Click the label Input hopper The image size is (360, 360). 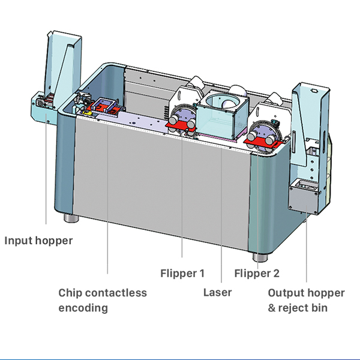[38, 241]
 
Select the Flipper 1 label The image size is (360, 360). [182, 274]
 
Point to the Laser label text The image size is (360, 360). [217, 293]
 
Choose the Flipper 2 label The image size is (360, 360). [257, 274]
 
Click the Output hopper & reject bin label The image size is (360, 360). [306, 300]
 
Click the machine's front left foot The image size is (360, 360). [70, 215]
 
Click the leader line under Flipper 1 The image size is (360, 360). [182, 198]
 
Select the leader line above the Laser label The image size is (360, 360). [222, 216]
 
